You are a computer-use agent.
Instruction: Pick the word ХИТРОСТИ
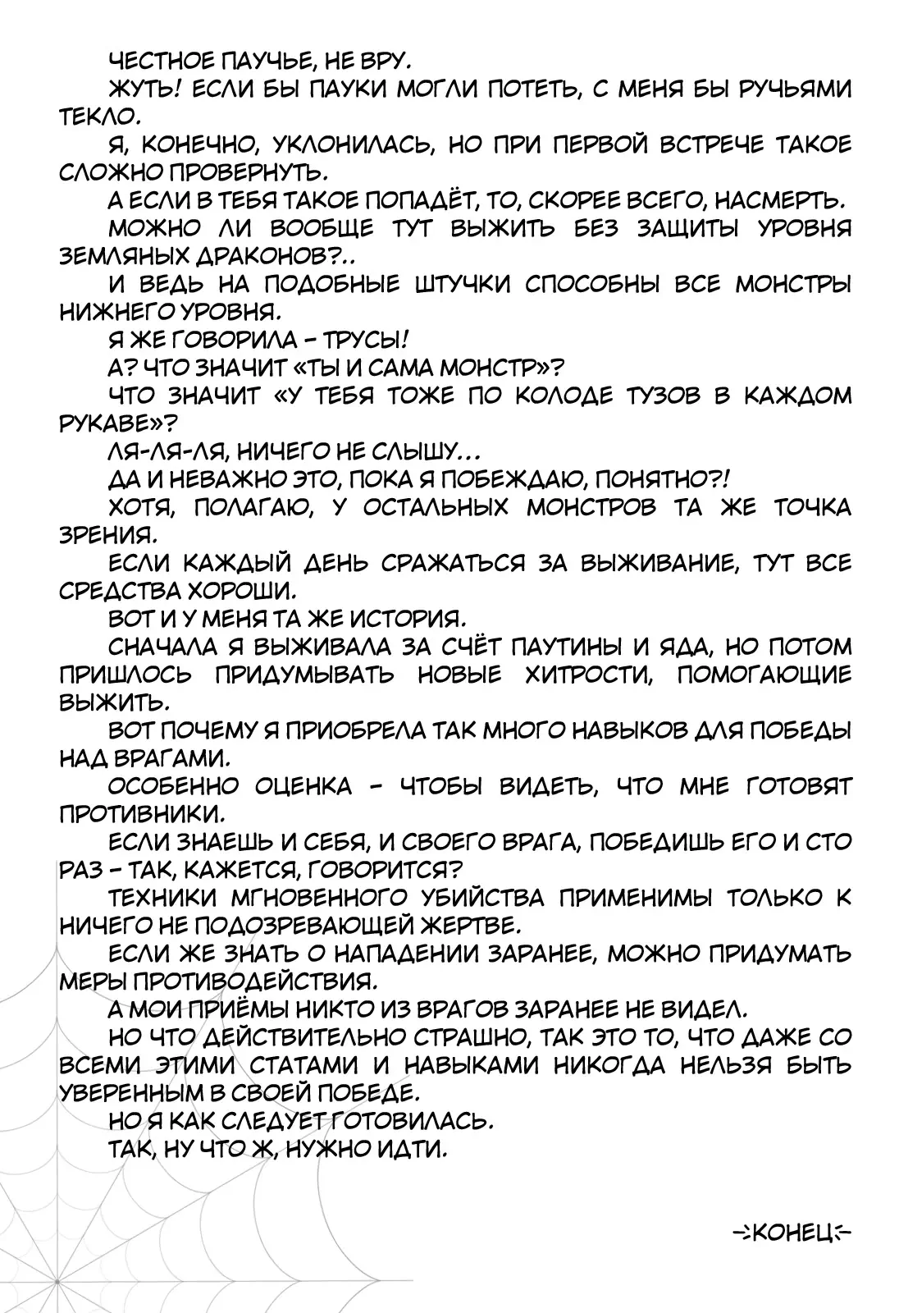coord(582,675)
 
